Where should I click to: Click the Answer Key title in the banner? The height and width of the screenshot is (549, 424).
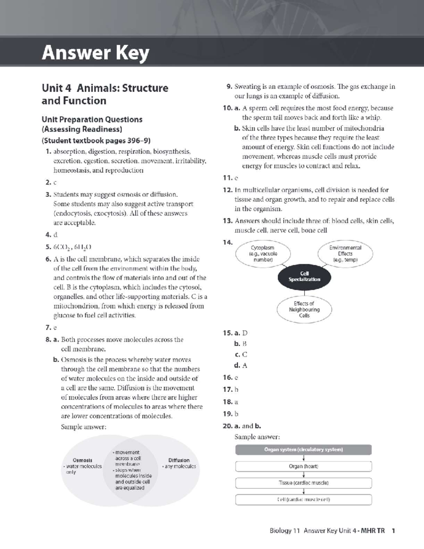pyautogui.click(x=95, y=53)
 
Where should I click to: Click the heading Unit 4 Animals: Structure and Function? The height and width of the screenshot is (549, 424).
pyautogui.click(x=105, y=94)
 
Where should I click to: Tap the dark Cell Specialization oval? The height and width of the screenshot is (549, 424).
pyautogui.click(x=304, y=276)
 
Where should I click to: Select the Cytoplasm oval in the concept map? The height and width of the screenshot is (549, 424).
pyautogui.click(x=263, y=253)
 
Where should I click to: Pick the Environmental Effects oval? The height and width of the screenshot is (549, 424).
pyautogui.click(x=345, y=253)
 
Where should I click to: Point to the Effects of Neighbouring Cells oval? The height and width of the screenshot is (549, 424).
pyautogui.click(x=304, y=309)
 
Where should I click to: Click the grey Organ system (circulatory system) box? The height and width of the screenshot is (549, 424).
pyautogui.click(x=304, y=450)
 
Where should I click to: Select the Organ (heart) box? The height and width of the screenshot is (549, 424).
pyautogui.click(x=304, y=466)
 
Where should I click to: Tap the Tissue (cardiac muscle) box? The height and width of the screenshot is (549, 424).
pyautogui.click(x=304, y=483)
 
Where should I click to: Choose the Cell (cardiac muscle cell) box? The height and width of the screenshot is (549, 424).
pyautogui.click(x=304, y=500)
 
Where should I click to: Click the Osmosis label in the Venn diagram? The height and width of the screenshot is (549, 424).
pyautogui.click(x=82, y=460)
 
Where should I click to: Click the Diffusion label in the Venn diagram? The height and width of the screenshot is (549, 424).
pyautogui.click(x=179, y=460)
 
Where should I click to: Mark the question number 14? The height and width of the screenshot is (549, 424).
pyautogui.click(x=228, y=242)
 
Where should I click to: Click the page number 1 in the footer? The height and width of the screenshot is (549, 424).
pyautogui.click(x=393, y=530)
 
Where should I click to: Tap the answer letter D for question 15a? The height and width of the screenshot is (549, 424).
pyautogui.click(x=245, y=333)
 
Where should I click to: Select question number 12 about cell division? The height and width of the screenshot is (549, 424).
pyautogui.click(x=228, y=190)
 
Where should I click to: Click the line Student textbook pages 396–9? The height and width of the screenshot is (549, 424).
pyautogui.click(x=96, y=141)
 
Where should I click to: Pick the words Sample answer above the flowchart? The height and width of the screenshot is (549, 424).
pyautogui.click(x=257, y=437)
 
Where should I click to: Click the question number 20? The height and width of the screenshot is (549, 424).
pyautogui.click(x=228, y=426)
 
